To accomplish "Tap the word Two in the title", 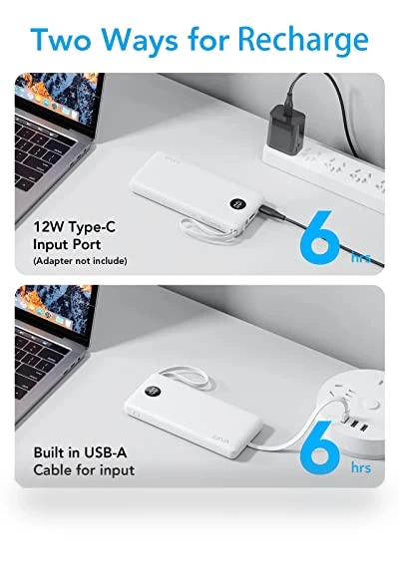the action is tap(61, 39).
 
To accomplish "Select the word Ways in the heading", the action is tap(140, 41).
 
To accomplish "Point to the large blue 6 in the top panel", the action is tap(320, 238).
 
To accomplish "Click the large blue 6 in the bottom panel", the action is tap(320, 447).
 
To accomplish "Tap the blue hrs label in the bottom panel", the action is tap(361, 467).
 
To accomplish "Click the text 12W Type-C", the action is tap(75, 227).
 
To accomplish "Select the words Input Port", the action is tap(67, 244).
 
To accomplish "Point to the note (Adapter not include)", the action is tap(80, 260).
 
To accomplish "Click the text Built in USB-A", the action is tap(80, 452).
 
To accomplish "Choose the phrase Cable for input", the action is tap(84, 470).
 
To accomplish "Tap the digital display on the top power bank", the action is tap(238, 204).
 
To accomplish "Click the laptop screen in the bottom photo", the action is tap(55, 309).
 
